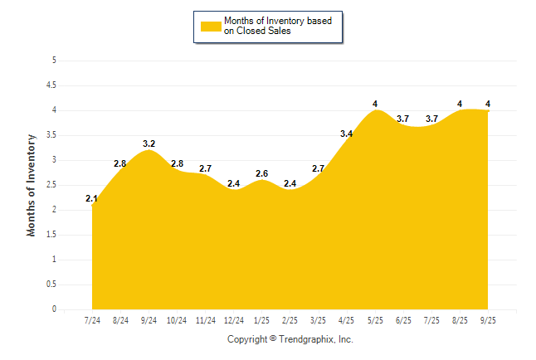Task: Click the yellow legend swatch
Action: point(211,27)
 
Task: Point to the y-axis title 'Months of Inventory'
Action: point(32,185)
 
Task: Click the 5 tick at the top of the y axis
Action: point(54,61)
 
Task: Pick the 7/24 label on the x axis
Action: point(92,320)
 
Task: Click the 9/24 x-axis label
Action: point(149,320)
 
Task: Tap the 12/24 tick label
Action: point(234,320)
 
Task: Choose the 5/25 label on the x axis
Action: point(375,320)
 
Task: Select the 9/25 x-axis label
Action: point(488,320)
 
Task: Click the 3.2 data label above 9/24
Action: point(149,144)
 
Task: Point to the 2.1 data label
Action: point(92,199)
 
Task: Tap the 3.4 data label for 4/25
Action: point(347,134)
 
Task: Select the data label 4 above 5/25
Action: point(375,105)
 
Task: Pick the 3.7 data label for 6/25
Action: point(403,119)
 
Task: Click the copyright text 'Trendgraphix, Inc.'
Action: point(317,340)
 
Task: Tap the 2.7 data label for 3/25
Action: point(319,169)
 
